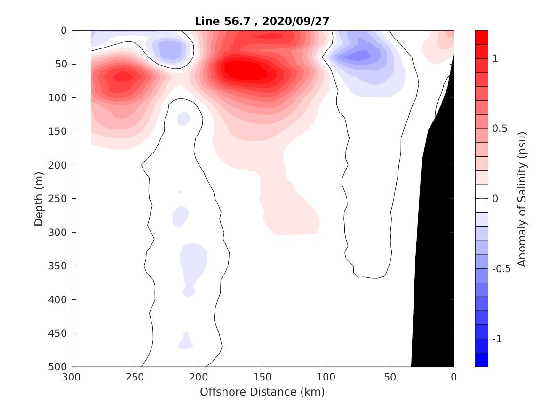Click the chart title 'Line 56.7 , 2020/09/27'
pyautogui.click(x=263, y=21)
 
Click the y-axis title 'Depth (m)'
pyautogui.click(x=39, y=198)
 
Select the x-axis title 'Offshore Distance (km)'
pyautogui.click(x=263, y=392)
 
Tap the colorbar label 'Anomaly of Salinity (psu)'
pyautogui.click(x=521, y=199)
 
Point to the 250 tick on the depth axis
pyautogui.click(x=59, y=199)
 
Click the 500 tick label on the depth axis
pyautogui.click(x=59, y=367)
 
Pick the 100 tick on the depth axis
pyautogui.click(x=59, y=98)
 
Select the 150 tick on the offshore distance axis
pyautogui.click(x=263, y=377)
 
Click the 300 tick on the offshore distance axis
pyautogui.click(x=72, y=377)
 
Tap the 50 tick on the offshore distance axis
pyautogui.click(x=390, y=377)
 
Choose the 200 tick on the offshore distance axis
pyautogui.click(x=199, y=377)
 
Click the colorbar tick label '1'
pyautogui.click(x=495, y=58)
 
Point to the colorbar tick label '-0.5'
pyautogui.click(x=501, y=269)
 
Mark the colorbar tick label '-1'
pyautogui.click(x=497, y=339)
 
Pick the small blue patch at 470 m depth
pyautogui.click(x=186, y=342)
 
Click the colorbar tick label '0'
pyautogui.click(x=495, y=199)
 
